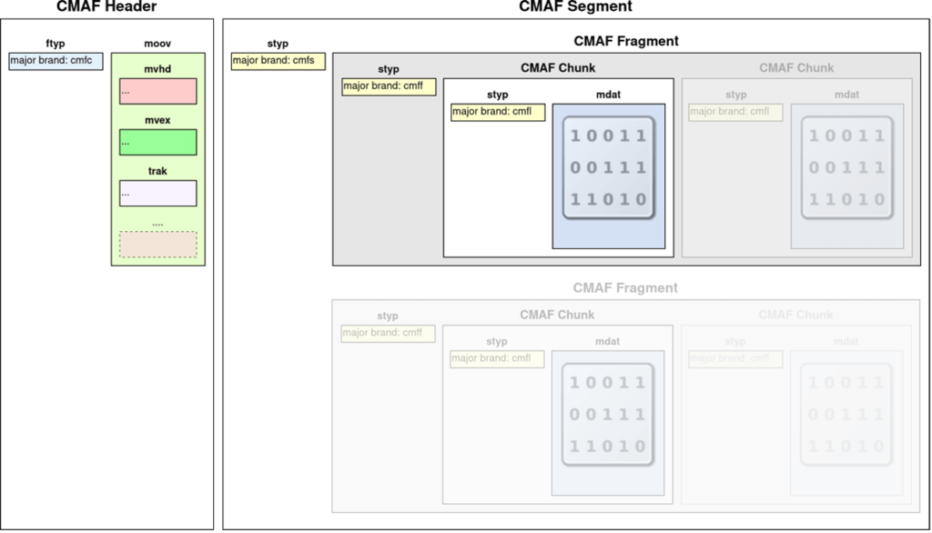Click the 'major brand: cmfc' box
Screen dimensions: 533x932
click(56, 62)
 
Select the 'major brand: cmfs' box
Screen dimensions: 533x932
click(279, 62)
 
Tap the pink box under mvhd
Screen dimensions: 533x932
click(157, 91)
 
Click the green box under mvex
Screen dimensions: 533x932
click(157, 142)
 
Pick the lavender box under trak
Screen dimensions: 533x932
click(157, 193)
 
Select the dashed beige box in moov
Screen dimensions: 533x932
click(157, 244)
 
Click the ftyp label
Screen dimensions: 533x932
click(56, 44)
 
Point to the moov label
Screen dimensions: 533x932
click(157, 44)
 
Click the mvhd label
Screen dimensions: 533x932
click(157, 69)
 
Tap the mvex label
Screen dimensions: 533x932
click(157, 120)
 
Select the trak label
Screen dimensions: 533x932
click(157, 171)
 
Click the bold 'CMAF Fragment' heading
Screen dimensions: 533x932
click(626, 41)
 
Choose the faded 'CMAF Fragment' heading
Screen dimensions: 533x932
click(625, 287)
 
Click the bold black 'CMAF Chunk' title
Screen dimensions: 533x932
click(558, 67)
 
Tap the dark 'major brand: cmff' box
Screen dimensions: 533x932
click(389, 86)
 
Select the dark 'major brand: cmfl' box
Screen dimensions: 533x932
click(498, 112)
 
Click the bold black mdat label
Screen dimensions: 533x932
click(608, 95)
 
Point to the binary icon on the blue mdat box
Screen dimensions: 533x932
click(608, 168)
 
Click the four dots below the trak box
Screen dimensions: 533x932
click(157, 223)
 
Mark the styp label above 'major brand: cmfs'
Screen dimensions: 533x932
click(278, 44)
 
